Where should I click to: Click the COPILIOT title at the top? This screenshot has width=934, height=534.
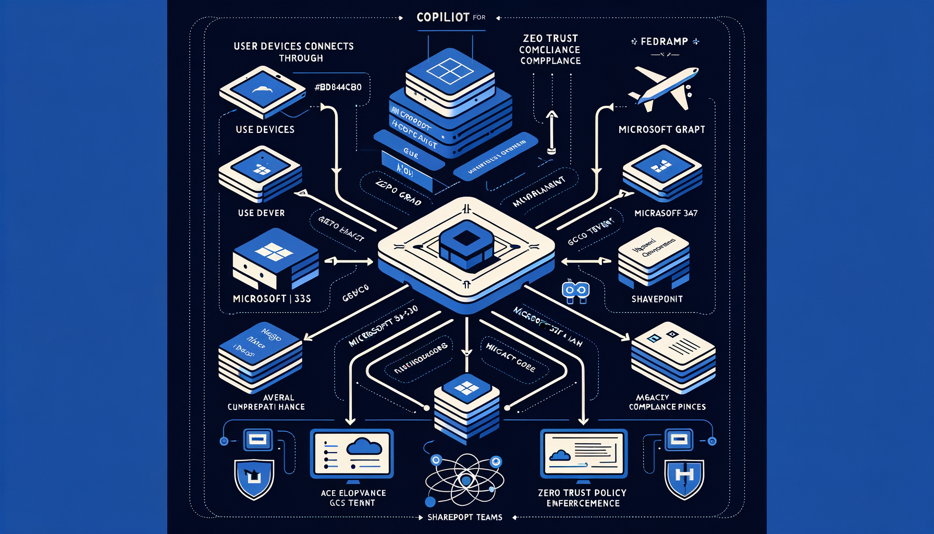(x=443, y=17)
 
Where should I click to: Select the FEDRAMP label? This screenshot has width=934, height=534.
(x=664, y=41)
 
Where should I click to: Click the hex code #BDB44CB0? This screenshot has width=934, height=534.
(x=338, y=87)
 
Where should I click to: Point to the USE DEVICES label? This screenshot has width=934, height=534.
(x=265, y=129)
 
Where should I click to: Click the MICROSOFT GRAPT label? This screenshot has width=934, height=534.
(x=661, y=129)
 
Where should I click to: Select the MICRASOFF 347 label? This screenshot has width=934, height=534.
(x=666, y=213)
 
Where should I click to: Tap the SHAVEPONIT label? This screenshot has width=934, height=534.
(x=657, y=299)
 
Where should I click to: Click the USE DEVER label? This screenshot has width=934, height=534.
(x=261, y=213)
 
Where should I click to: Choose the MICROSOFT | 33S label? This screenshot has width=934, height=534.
(x=272, y=298)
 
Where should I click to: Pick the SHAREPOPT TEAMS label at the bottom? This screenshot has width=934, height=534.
(x=465, y=517)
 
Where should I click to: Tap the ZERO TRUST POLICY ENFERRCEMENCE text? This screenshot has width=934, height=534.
(x=582, y=498)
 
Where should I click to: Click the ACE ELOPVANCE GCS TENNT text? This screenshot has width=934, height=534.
(x=353, y=498)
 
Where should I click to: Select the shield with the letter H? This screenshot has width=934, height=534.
(x=684, y=477)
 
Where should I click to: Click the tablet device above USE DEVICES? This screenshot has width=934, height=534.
(x=262, y=91)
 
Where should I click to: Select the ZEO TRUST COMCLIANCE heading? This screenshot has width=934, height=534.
(x=550, y=50)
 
